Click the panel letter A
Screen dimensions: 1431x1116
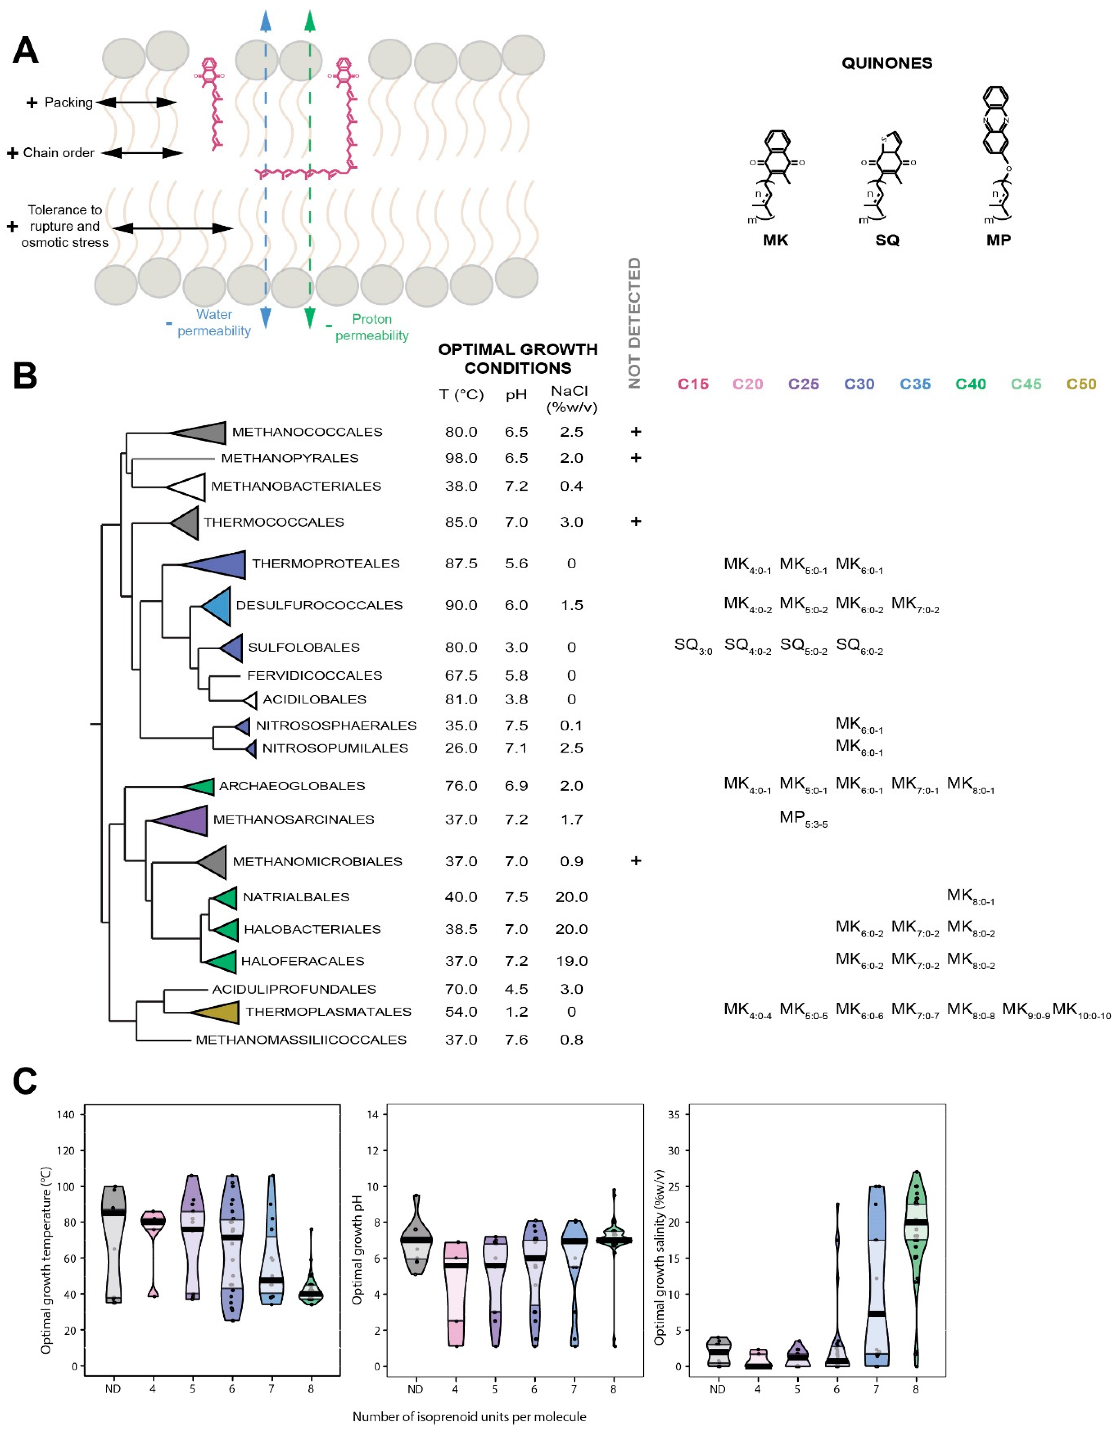pos(25,51)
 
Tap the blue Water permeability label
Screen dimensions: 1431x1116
pos(214,322)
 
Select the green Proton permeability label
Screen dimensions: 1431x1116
pos(372,327)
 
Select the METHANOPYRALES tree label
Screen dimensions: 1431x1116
pos(290,458)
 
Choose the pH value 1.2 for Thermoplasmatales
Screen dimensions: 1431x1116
pos(516,1012)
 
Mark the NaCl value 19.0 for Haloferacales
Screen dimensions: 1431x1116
pos(572,961)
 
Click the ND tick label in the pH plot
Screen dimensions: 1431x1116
pos(415,1389)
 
